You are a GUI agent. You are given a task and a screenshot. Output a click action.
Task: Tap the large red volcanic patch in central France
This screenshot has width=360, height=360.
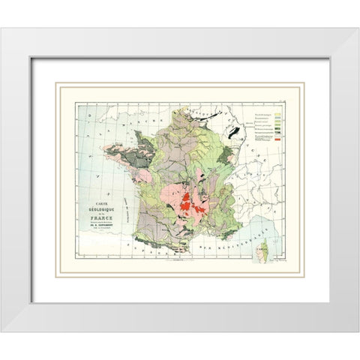(188, 203)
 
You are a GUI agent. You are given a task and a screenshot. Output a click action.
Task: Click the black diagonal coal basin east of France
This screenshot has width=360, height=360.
(238, 134)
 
